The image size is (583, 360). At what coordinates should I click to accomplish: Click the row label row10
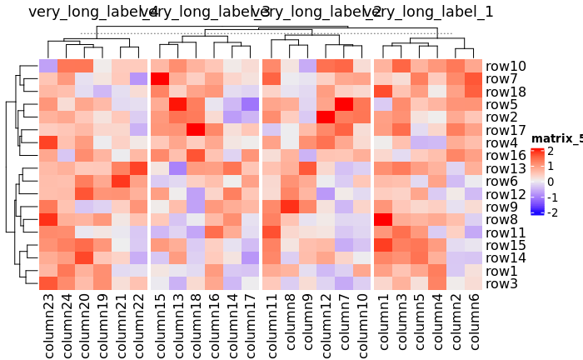(x=506, y=67)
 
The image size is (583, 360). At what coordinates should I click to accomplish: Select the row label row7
(x=501, y=79)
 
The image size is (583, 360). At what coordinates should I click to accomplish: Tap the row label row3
(x=501, y=284)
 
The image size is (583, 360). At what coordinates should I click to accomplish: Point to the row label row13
(x=506, y=169)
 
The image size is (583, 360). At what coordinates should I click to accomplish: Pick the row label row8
(x=501, y=220)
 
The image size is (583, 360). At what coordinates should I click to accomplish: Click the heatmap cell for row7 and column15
(x=159, y=79)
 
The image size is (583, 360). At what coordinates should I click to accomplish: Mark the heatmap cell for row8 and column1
(x=383, y=220)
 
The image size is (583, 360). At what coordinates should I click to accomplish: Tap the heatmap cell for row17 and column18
(x=197, y=131)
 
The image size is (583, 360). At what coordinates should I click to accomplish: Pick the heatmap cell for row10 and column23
(x=48, y=67)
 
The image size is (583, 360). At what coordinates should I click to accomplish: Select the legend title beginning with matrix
(x=556, y=138)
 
